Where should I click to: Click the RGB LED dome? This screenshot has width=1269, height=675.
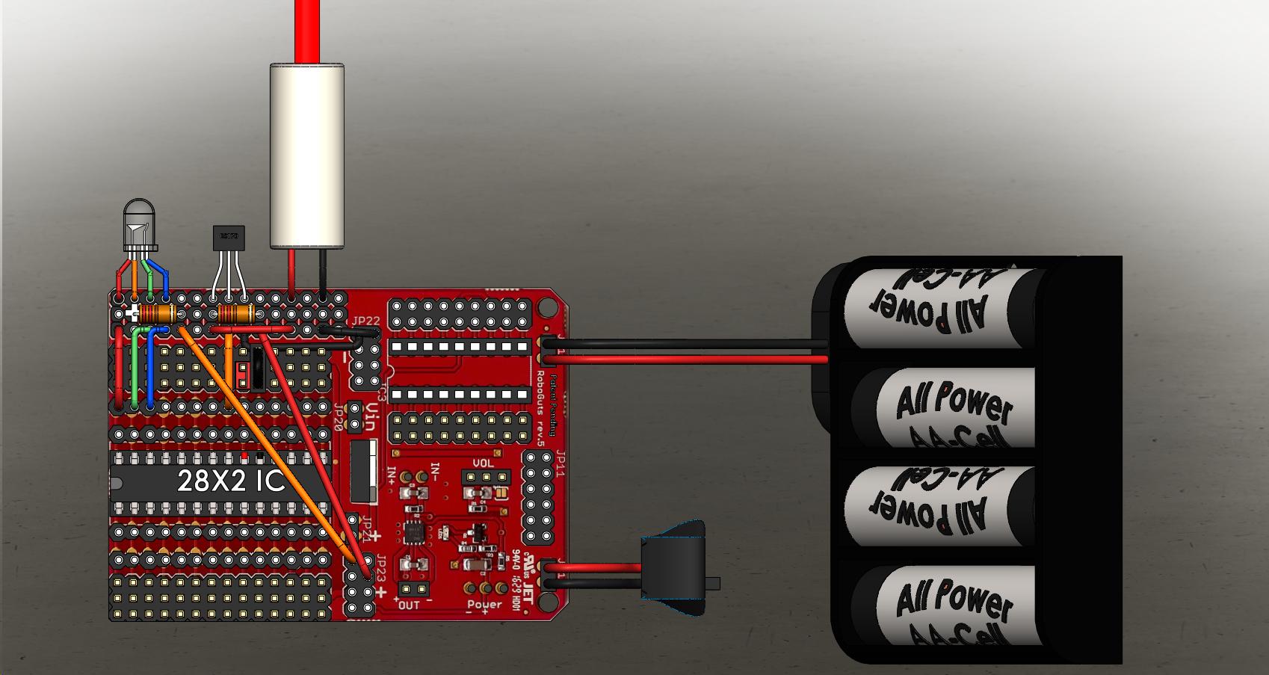pos(139,221)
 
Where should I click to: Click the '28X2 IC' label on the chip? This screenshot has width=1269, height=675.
pos(231,481)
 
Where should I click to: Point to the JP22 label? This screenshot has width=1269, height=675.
pos(366,321)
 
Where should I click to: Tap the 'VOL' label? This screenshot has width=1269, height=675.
pos(484,463)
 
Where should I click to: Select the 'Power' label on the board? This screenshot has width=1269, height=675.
pos(484,604)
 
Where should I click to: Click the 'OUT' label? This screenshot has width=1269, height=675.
pos(410,605)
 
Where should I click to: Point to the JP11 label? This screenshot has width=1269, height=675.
pos(560,467)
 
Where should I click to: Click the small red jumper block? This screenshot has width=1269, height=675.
pos(242,375)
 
